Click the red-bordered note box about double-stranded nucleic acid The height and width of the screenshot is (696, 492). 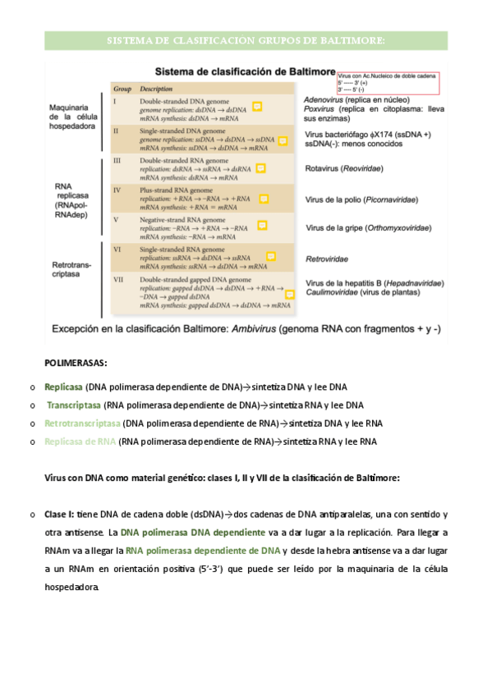(x=387, y=82)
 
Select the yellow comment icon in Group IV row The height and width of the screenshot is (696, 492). (x=264, y=199)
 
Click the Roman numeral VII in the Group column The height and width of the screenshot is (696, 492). (x=117, y=280)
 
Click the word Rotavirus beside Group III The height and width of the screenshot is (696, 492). (x=324, y=171)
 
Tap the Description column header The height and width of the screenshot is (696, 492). (x=156, y=88)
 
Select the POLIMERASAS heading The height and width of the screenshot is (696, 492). (x=76, y=362)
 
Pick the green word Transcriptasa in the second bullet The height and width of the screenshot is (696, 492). (x=73, y=405)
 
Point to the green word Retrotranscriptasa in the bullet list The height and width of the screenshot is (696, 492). (x=82, y=424)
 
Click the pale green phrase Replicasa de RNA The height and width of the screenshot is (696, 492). (x=80, y=442)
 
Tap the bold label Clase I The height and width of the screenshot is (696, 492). (x=59, y=515)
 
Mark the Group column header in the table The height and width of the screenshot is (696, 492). (x=122, y=88)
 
